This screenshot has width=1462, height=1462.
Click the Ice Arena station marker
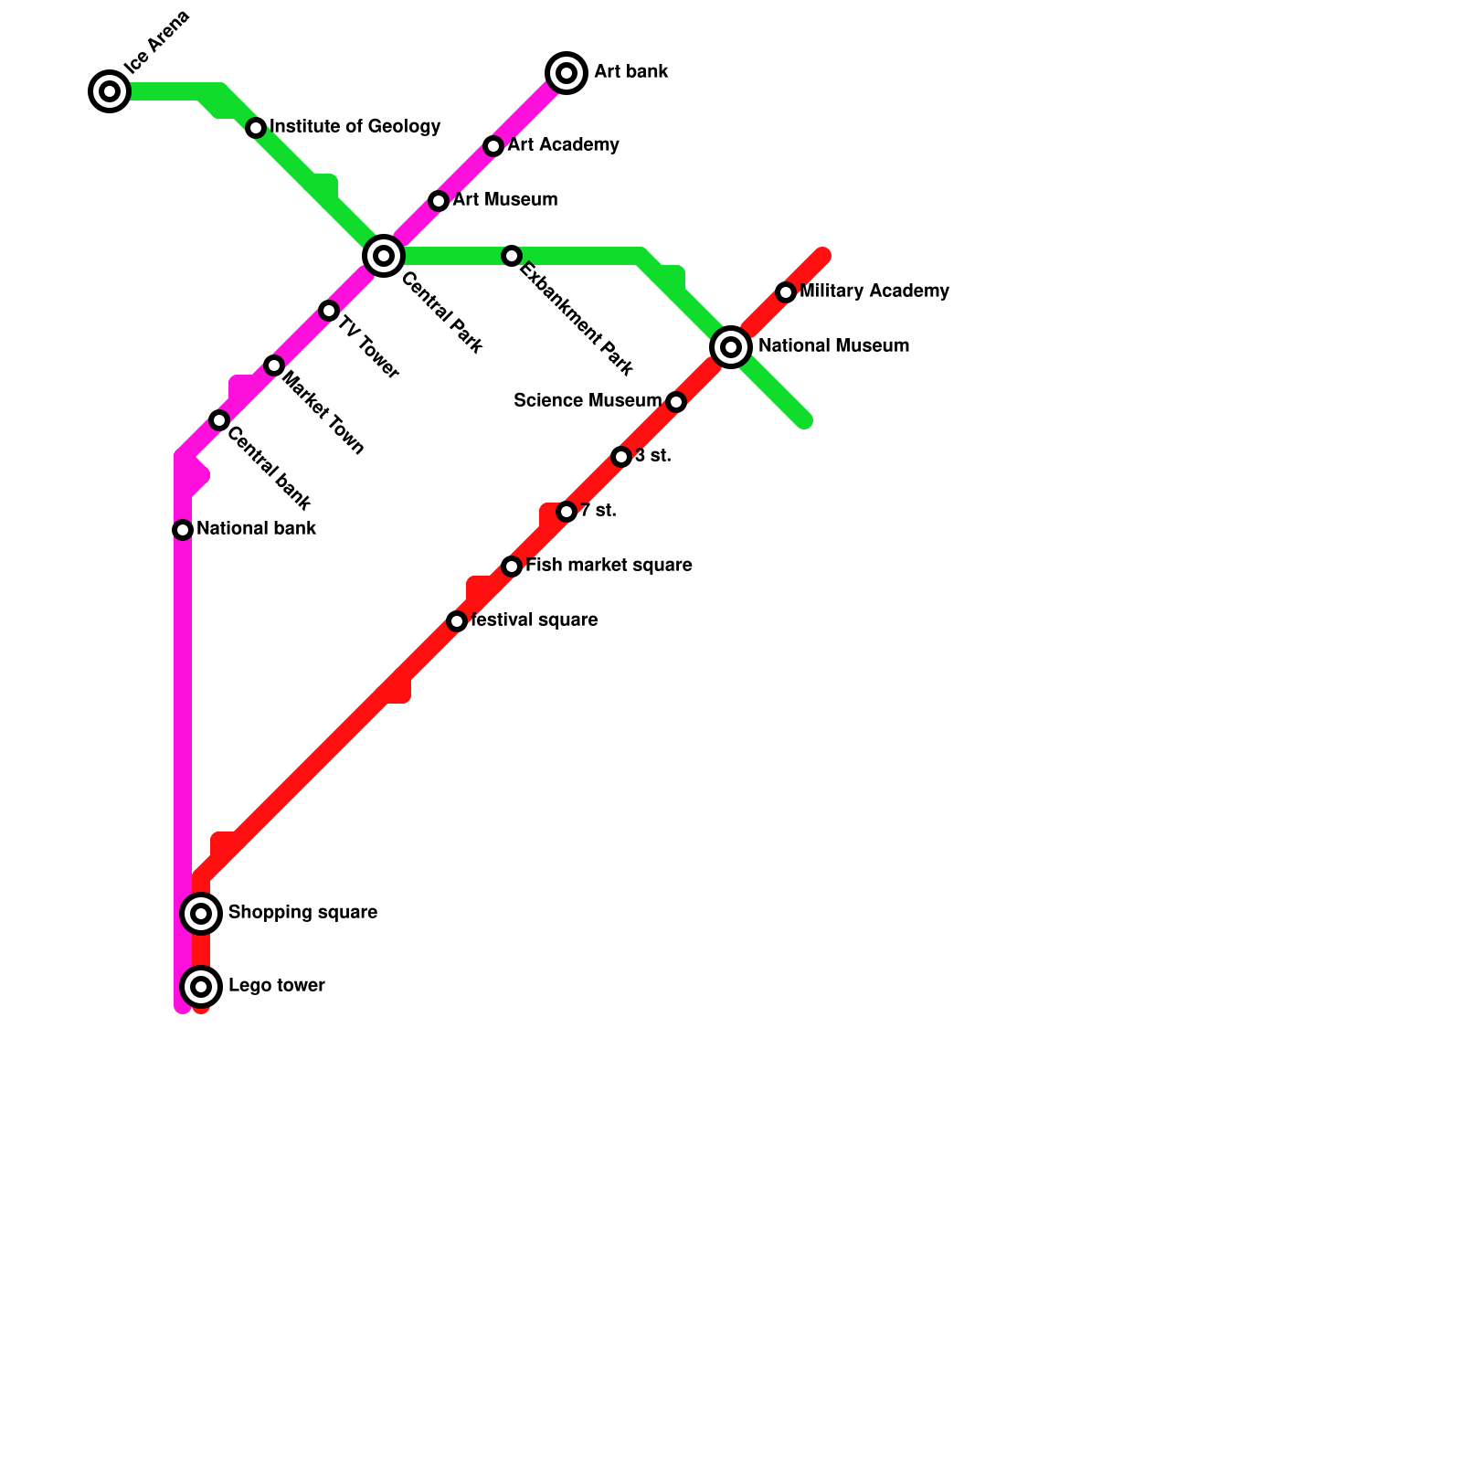click(x=110, y=91)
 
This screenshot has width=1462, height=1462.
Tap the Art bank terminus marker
click(x=567, y=73)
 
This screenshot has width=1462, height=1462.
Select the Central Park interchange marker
click(x=384, y=255)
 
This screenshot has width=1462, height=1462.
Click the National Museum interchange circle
click(x=731, y=347)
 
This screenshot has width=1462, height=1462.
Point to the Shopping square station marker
click(x=202, y=913)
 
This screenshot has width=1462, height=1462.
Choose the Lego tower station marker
click(x=202, y=986)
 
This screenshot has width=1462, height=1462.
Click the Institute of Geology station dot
click(x=256, y=128)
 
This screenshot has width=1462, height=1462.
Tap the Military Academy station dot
click(x=786, y=292)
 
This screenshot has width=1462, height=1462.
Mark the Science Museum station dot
click(x=676, y=402)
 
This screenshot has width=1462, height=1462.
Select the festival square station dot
click(x=457, y=621)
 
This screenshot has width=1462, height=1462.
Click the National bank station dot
click(x=183, y=530)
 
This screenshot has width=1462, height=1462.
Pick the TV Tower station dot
click(x=329, y=311)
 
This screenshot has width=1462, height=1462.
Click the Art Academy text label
click(x=563, y=145)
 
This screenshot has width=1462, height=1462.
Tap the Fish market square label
click(x=609, y=566)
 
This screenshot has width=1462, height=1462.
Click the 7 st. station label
click(x=598, y=511)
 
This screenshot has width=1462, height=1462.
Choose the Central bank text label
click(x=269, y=467)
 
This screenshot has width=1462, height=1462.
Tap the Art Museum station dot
click(x=439, y=201)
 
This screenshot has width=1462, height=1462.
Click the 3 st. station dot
click(x=621, y=457)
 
